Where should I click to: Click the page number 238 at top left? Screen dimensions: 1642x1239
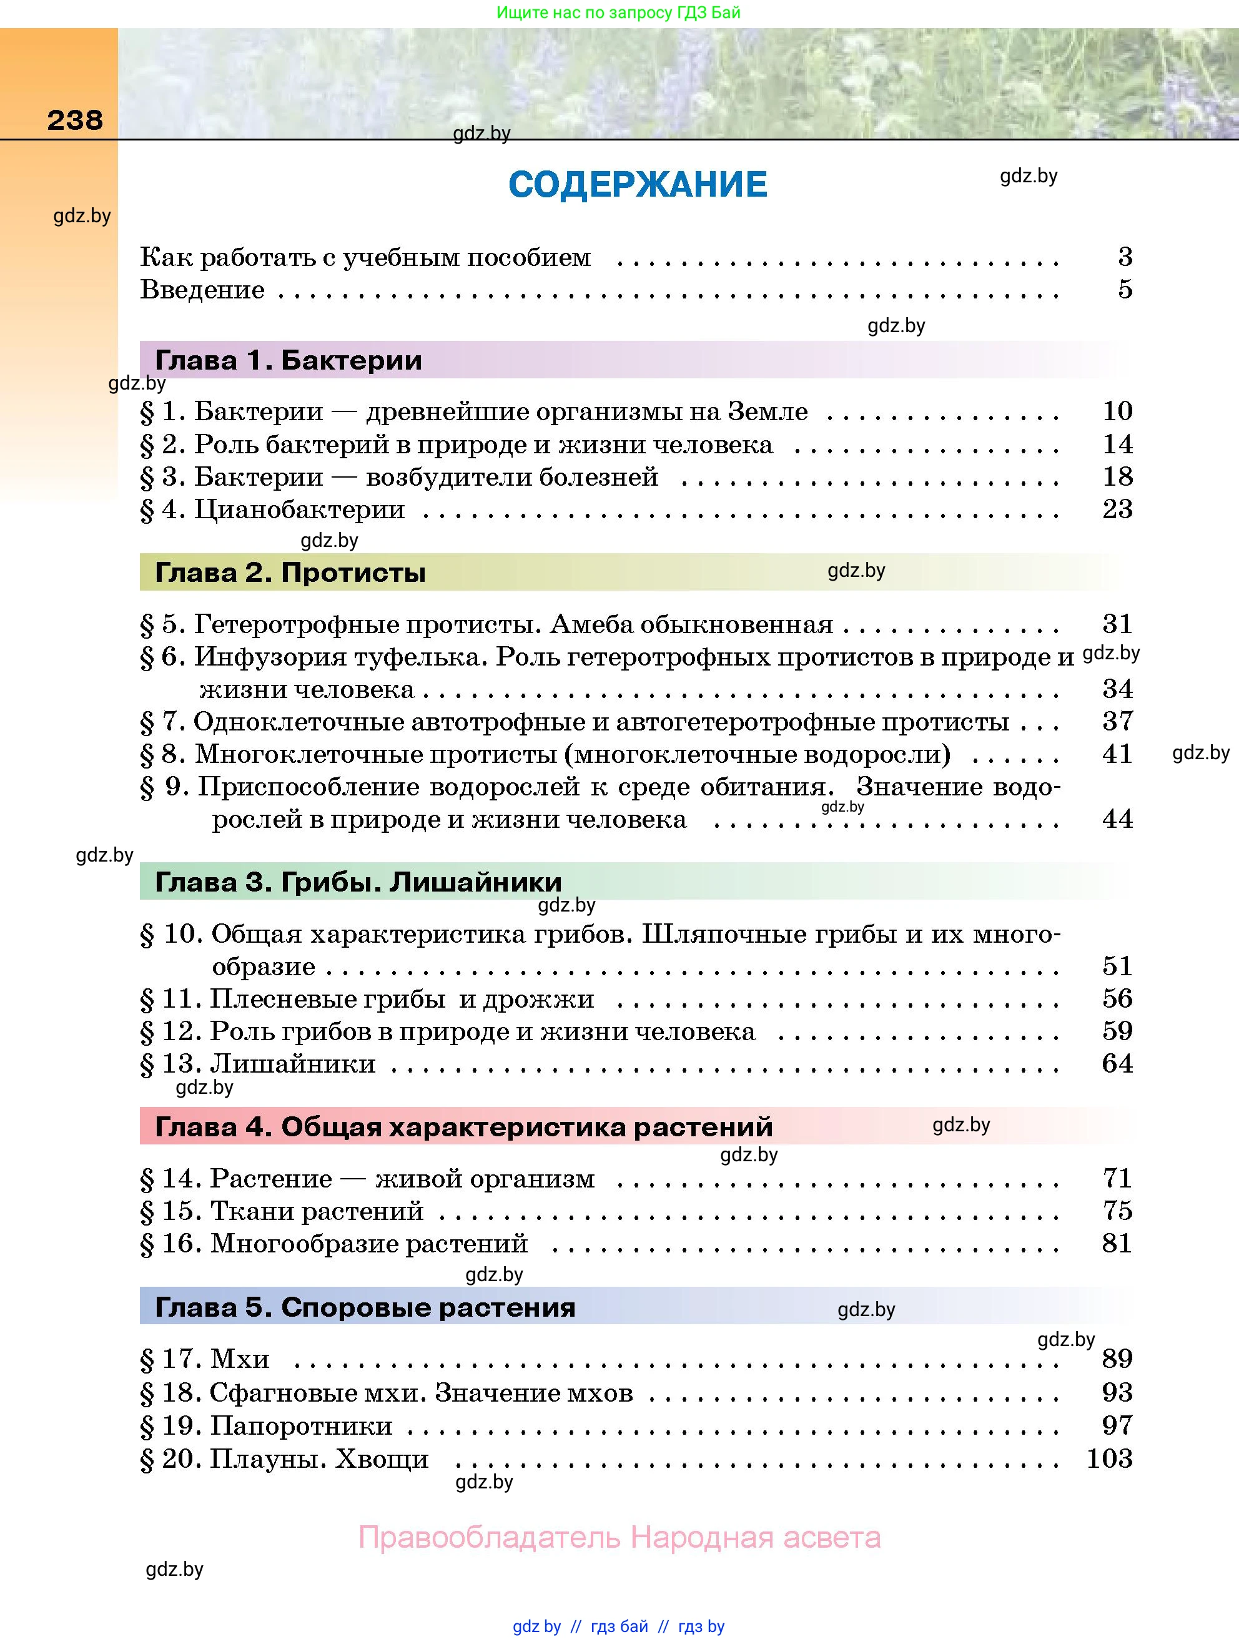(x=75, y=120)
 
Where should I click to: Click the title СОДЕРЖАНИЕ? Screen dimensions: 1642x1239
(x=638, y=185)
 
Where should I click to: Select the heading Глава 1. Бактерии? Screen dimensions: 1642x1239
(x=288, y=361)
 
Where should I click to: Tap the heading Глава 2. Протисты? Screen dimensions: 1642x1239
(x=290, y=573)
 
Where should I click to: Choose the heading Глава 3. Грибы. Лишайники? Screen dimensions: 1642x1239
(x=358, y=882)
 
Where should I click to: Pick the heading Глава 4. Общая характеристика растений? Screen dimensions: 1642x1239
(x=464, y=1127)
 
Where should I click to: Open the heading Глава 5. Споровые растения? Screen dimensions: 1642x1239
(x=365, y=1307)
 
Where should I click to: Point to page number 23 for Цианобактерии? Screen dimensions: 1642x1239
(x=1117, y=509)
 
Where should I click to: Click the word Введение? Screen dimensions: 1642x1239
(x=203, y=290)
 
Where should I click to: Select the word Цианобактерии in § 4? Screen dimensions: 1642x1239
(x=299, y=509)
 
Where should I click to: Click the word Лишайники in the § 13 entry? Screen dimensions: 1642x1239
(x=294, y=1064)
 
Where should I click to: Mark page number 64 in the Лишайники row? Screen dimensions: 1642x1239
(x=1117, y=1064)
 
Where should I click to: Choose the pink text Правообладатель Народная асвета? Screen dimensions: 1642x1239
(x=619, y=1537)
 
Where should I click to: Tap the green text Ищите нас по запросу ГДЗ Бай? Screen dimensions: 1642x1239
(x=618, y=12)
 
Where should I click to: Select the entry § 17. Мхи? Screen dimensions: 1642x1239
(x=205, y=1359)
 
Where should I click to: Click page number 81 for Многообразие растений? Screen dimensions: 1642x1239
(x=1117, y=1244)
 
